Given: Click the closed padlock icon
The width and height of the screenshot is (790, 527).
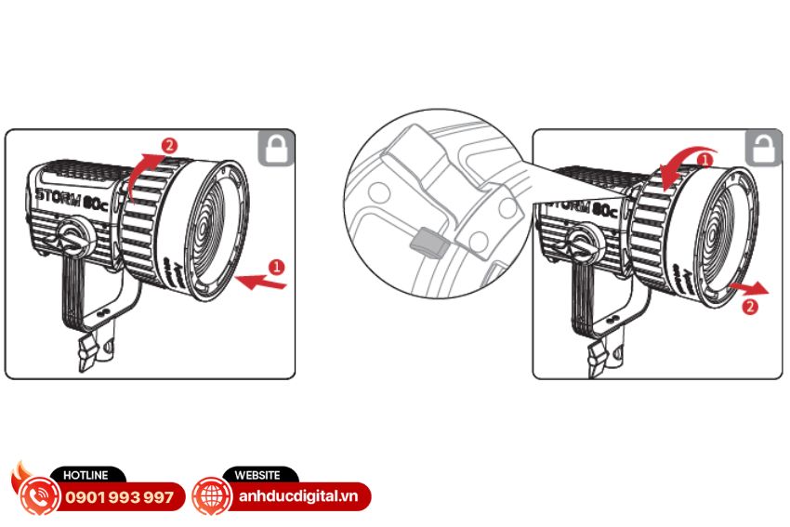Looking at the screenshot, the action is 277,148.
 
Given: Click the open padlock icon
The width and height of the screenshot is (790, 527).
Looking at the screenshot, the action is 763,148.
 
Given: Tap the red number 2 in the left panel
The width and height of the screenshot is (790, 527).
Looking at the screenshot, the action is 169,146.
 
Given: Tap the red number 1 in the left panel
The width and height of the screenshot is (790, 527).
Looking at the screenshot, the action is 276,267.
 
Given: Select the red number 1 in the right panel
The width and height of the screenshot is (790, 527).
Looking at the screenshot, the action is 704,160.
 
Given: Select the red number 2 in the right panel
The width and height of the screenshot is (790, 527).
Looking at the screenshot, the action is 750,307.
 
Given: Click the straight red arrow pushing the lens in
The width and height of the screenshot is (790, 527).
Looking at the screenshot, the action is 260,283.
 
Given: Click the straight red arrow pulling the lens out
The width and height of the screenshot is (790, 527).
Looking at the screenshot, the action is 749,288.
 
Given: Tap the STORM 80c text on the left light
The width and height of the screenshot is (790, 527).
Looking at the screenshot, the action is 72,199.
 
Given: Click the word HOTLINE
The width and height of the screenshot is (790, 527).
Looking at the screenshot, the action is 86,475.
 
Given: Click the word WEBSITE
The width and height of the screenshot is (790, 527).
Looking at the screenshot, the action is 257,475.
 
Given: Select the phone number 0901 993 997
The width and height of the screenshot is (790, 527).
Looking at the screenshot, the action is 119,498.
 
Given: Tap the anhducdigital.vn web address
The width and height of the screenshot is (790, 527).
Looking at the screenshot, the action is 298,496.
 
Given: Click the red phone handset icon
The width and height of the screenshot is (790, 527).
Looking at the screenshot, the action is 38,496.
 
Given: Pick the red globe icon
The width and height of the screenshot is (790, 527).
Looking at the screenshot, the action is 212,496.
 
